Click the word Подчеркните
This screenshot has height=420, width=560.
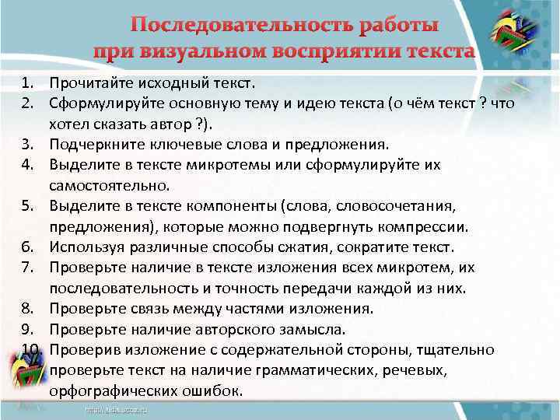pos(93,144)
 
